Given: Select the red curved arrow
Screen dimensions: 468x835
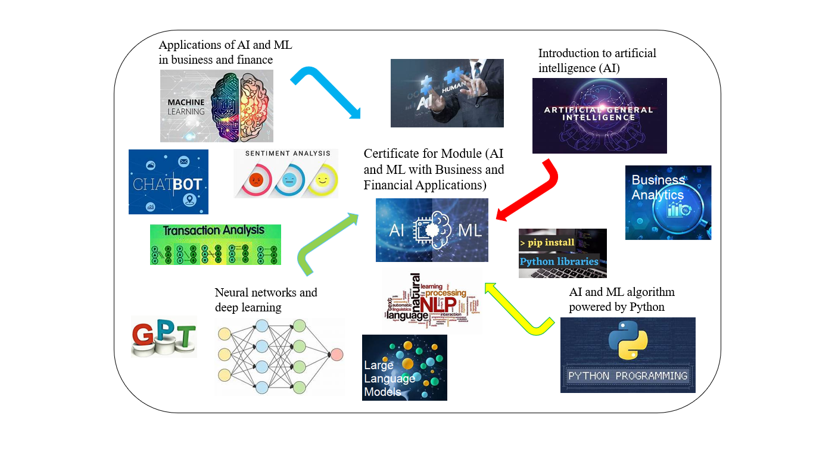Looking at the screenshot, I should tap(536, 190).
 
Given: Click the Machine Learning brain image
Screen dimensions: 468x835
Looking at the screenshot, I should tap(216, 106).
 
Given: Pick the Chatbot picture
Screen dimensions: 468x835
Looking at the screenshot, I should tap(169, 182).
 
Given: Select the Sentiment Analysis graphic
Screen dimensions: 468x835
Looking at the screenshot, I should tap(286, 173).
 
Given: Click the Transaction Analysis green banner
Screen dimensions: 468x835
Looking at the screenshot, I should tap(215, 244).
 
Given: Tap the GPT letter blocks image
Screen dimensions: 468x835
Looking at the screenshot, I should tap(164, 336).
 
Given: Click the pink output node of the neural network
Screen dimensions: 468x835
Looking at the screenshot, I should tap(337, 354).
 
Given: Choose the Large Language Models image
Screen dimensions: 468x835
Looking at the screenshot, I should tap(404, 367).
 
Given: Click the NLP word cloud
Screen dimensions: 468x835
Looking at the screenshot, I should tap(431, 299).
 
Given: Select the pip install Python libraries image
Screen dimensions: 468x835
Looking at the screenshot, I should tap(563, 253).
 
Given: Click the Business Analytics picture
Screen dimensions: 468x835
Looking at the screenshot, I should tap(668, 202).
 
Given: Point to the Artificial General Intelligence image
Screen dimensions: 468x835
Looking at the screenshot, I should tap(599, 116).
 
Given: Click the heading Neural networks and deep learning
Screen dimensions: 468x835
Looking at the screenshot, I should tap(266, 299).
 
